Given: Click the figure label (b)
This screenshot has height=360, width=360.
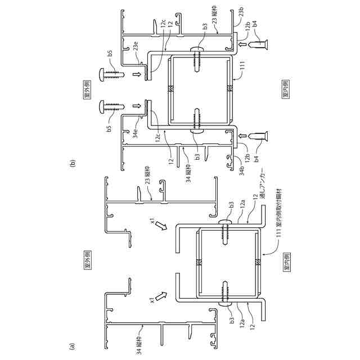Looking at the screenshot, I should (x=71, y=164).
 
